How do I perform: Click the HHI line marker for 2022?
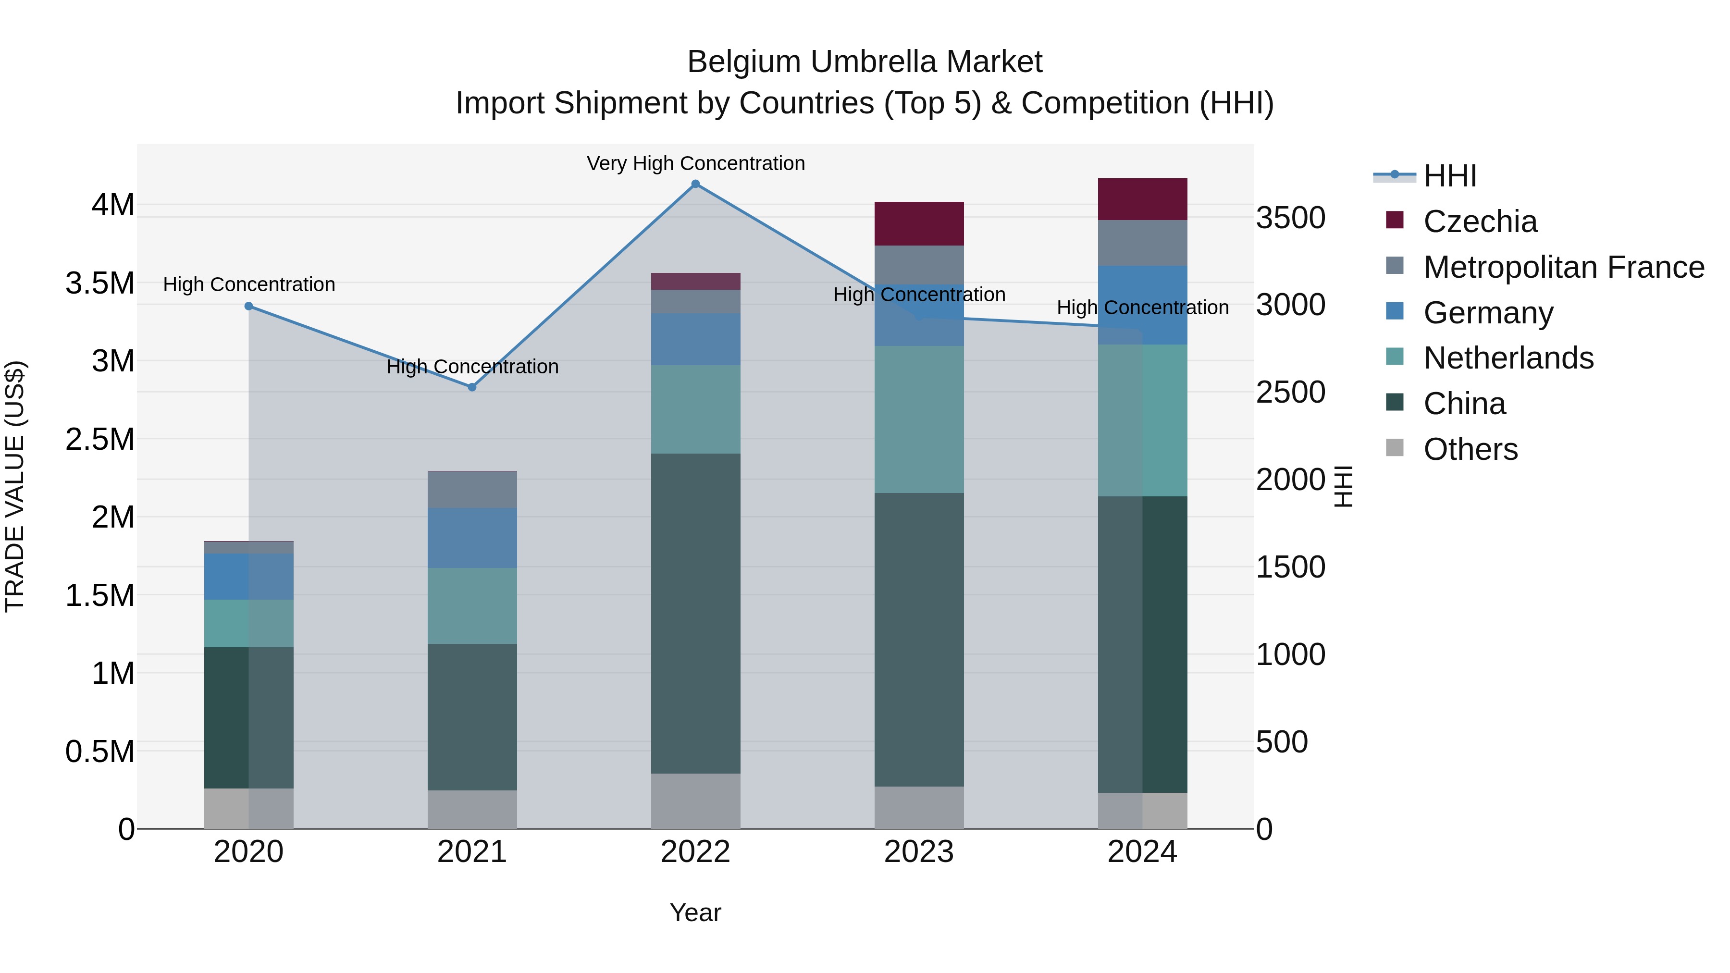pos(696,184)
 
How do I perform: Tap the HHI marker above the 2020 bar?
pos(248,306)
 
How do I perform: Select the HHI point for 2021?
pos(472,387)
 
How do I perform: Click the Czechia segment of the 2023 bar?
pos(919,223)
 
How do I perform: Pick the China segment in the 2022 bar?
pos(696,613)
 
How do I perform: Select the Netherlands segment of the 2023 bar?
pos(919,419)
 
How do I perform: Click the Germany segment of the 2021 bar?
pos(472,538)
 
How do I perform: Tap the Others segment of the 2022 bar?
pos(696,801)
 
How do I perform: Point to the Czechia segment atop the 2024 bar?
pos(1142,199)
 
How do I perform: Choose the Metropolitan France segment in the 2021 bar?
pos(472,490)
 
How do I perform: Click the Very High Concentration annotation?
pos(696,164)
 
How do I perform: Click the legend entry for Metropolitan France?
pos(1563,267)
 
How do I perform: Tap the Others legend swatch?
pos(1395,448)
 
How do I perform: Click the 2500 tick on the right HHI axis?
pos(1290,393)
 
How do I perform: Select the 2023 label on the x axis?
pos(919,852)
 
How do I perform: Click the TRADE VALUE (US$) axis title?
pos(15,487)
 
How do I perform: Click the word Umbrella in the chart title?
pos(865,62)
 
